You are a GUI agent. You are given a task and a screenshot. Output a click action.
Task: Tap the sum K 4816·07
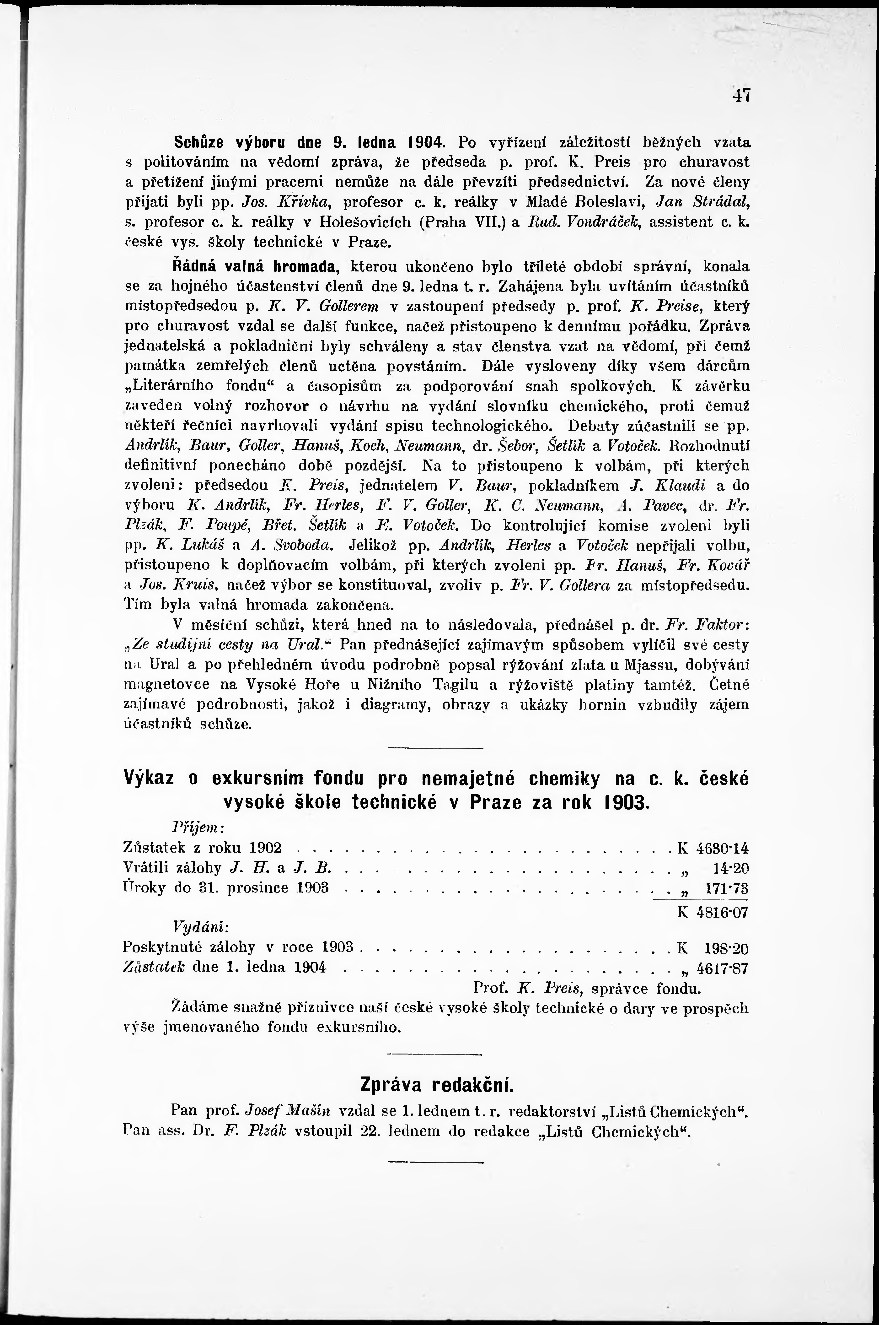[x=713, y=912]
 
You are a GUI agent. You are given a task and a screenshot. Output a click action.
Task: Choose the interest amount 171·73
[x=727, y=889]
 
